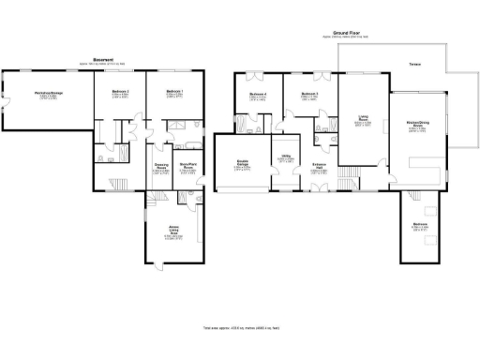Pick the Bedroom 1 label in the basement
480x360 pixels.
[174, 94]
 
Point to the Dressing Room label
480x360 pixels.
[161, 169]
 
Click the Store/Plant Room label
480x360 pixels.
[187, 169]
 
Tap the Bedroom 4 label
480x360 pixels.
[259, 96]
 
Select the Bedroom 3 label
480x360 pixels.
[309, 96]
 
